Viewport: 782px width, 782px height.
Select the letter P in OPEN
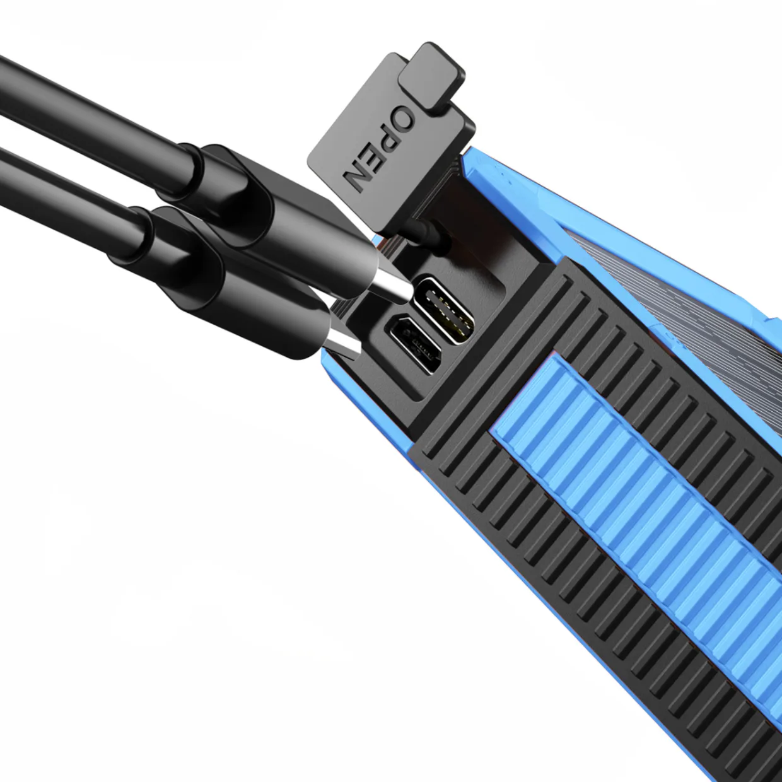[x=388, y=137]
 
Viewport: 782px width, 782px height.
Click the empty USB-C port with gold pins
[x=445, y=310]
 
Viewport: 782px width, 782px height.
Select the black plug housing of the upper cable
[x=292, y=219]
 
